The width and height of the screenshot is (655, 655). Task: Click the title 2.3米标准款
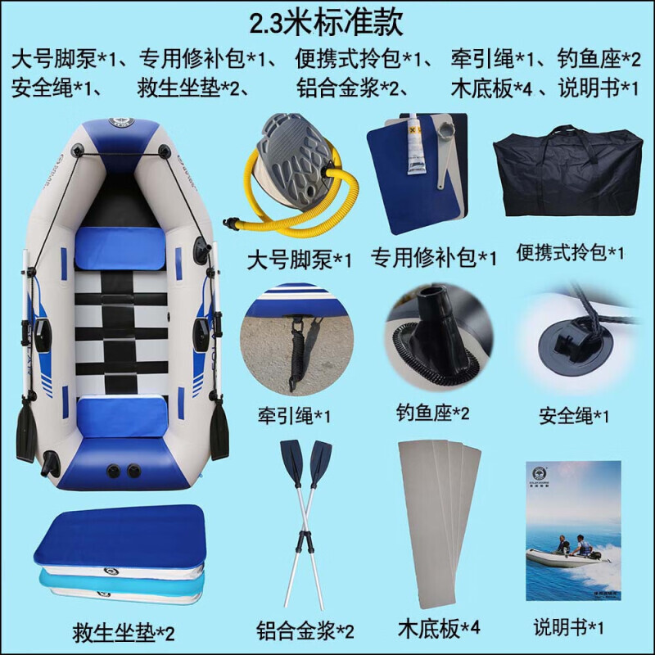pos(326,23)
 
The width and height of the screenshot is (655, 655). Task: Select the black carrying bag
pos(567,170)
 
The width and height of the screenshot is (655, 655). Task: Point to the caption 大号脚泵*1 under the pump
pos(299,260)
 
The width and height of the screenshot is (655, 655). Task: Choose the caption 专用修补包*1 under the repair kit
pos(434,257)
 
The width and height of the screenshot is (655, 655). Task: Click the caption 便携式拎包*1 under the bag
pos(570,252)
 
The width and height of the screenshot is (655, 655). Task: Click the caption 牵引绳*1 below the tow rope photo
pos(294,416)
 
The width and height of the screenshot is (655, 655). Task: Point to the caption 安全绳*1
pos(574,416)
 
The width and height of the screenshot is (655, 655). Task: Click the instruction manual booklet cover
pos(573,531)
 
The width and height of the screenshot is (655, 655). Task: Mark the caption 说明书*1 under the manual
pos(568,627)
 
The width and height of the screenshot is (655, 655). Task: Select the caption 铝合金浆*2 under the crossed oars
pos(305,630)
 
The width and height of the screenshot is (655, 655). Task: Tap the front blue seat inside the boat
pos(120,249)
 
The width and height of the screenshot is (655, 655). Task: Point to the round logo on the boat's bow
pos(121,122)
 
